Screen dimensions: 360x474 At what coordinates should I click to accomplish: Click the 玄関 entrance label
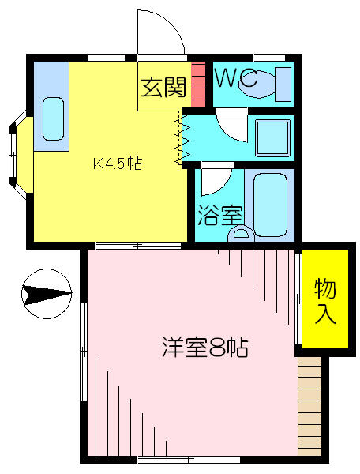coord(163,88)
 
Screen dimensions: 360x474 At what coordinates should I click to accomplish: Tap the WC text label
coord(236,78)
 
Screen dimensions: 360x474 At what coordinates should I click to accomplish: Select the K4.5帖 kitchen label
coord(117,164)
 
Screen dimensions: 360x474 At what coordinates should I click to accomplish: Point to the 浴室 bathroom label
coord(220,216)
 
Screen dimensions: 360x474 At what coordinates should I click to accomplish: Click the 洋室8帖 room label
coord(205,348)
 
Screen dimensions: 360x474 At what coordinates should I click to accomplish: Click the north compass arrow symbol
coord(47,294)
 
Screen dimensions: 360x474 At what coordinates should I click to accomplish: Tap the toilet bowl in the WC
coord(257,85)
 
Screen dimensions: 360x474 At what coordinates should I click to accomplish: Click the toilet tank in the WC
coord(283,85)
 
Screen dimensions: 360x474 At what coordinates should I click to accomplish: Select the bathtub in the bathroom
coord(270,205)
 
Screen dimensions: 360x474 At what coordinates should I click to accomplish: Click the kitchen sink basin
coord(53,118)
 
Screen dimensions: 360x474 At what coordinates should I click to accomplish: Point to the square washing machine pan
coord(272,137)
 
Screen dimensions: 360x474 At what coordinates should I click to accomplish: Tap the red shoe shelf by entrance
coord(198,85)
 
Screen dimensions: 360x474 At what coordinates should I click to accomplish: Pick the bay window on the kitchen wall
coord(21,155)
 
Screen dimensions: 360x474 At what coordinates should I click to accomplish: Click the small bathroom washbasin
coord(241,235)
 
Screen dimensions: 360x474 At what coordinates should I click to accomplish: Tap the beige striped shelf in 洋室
coord(309,407)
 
